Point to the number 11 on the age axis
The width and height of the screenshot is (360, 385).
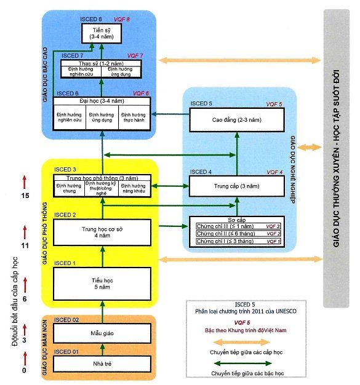click(x=24, y=245)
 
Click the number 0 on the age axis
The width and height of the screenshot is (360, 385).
click(x=24, y=370)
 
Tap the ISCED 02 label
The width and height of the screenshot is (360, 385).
click(x=66, y=320)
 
